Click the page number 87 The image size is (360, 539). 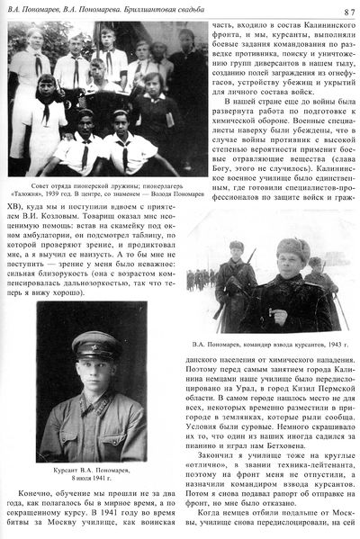pyautogui.click(x=347, y=10)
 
